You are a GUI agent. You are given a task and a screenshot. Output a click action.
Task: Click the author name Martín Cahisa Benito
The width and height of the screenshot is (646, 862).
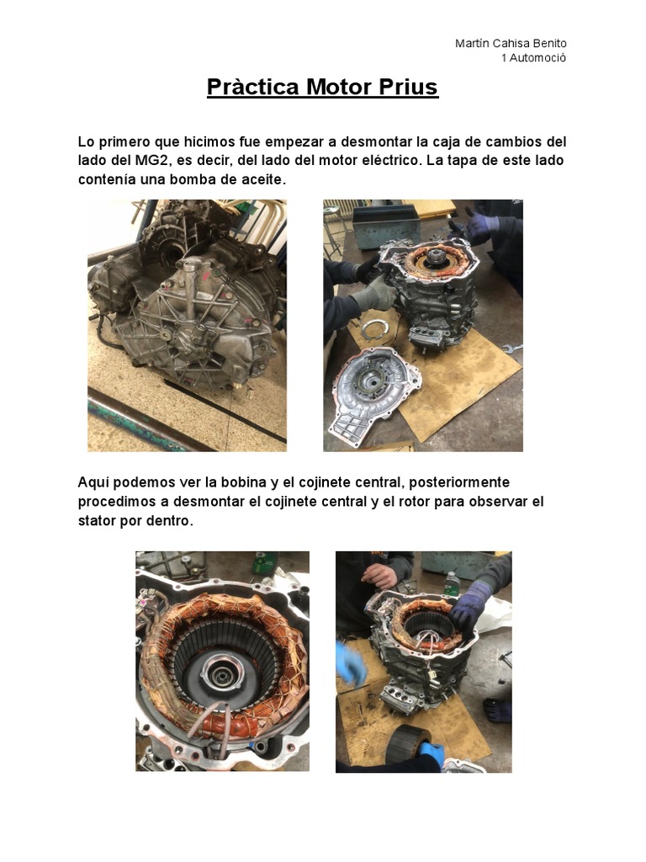tap(510, 43)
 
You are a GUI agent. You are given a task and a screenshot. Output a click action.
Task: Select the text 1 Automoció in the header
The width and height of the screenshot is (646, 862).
tap(533, 58)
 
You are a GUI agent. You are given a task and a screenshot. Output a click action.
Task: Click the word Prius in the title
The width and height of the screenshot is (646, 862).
tap(409, 88)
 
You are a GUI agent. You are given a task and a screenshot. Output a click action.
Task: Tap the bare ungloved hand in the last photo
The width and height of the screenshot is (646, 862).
tap(379, 575)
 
